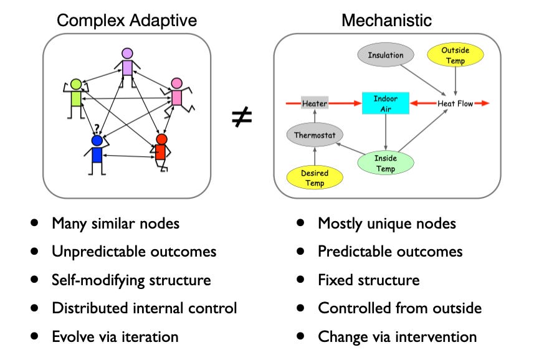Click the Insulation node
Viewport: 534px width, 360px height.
[x=386, y=55]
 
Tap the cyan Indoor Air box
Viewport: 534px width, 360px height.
[x=385, y=103]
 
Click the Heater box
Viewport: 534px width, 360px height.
[x=315, y=103]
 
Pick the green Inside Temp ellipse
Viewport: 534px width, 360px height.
[x=385, y=163]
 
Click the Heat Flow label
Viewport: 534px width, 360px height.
[x=455, y=103]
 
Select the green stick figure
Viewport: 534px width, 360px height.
[x=76, y=97]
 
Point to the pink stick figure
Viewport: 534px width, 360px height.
[x=176, y=97]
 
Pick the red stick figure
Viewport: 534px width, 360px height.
[x=161, y=151]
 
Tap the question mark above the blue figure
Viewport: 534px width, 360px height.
[x=97, y=128]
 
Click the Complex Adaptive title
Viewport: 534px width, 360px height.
[x=126, y=20]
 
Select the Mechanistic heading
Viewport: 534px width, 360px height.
[x=386, y=20]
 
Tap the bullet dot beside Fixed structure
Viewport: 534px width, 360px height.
[x=302, y=280]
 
